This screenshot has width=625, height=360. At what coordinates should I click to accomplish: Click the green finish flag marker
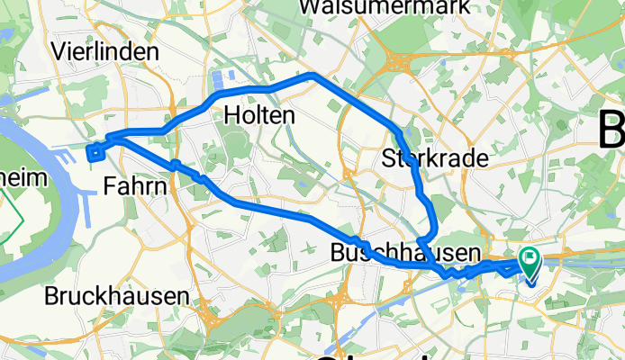pos(529,262)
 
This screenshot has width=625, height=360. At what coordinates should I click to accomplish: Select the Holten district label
pos(258,115)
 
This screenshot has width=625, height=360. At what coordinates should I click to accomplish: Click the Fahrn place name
pos(135,186)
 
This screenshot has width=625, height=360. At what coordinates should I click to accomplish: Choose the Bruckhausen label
pos(117,294)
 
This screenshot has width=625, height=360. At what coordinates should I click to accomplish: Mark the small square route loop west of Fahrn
pos(95,151)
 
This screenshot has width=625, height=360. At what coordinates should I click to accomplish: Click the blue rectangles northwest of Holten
pos(222,80)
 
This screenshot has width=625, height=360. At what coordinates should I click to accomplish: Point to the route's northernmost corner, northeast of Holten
pos(311,76)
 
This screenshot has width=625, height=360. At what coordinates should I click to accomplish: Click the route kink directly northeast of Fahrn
pos(177,165)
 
